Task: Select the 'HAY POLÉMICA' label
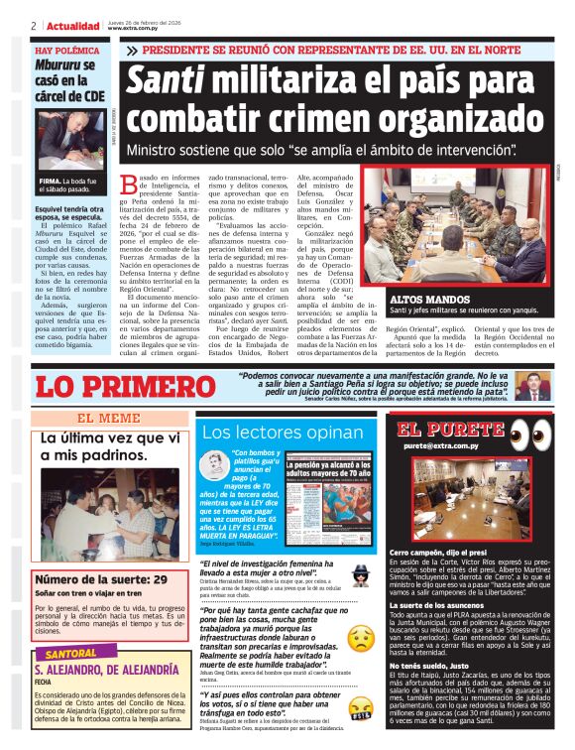tap(65, 49)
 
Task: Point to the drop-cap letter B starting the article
tap(126, 184)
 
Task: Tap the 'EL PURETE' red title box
tap(437, 430)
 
